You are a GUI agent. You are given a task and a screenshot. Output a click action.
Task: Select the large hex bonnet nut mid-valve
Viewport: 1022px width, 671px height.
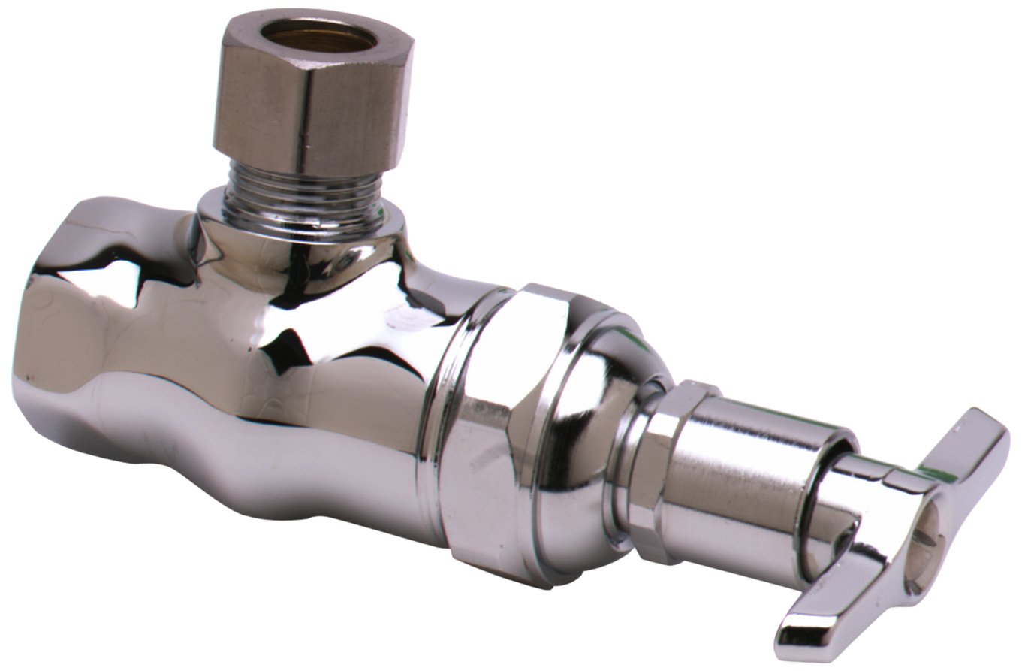coord(496,421)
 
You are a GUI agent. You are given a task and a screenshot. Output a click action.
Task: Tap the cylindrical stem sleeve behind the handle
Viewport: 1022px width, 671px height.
coord(751,481)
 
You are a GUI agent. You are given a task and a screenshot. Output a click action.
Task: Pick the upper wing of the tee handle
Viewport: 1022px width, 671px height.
coord(969,451)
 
